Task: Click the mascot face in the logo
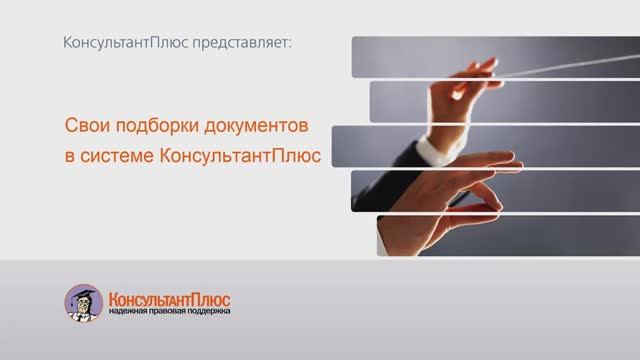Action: pos(83,305)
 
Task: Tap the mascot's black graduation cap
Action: pos(82,291)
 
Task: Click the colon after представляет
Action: pos(297,45)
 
